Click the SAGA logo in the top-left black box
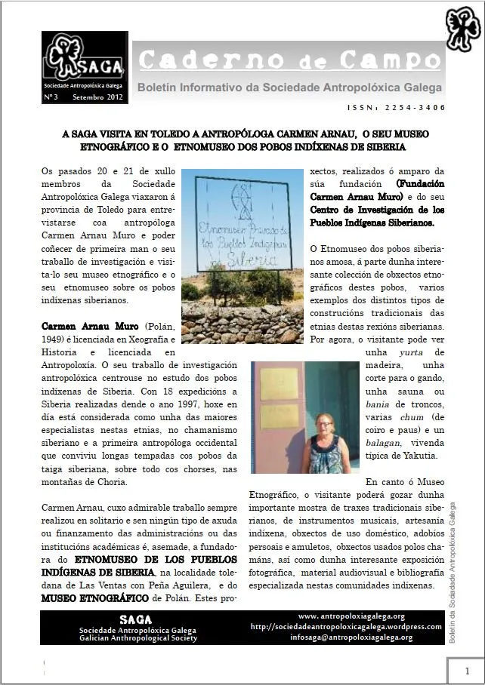pyautogui.click(x=84, y=58)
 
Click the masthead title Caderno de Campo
pyautogui.click(x=290, y=59)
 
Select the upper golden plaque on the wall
pyautogui.click(x=279, y=384)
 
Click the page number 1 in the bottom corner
pyautogui.click(x=467, y=671)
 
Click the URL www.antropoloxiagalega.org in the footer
pyautogui.click(x=351, y=616)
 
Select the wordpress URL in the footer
pyautogui.click(x=345, y=626)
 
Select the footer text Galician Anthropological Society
pyautogui.click(x=138, y=638)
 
